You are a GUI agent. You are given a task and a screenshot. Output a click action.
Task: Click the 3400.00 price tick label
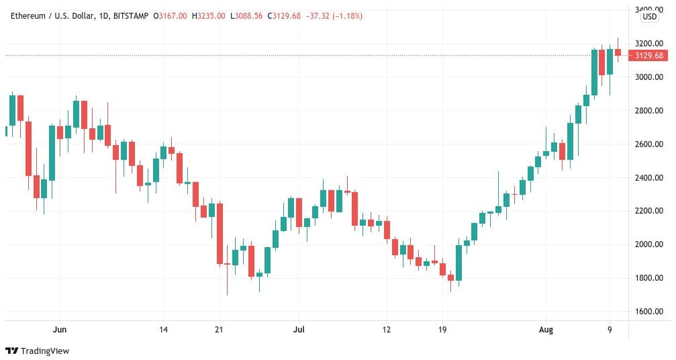coord(649,9)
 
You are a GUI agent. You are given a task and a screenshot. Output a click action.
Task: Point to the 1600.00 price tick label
coord(649,312)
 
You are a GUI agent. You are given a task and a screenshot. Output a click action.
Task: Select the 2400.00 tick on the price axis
coord(649,177)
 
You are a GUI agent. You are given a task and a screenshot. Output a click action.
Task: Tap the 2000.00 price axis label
coord(649,244)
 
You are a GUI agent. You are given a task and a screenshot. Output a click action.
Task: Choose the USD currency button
coord(649,17)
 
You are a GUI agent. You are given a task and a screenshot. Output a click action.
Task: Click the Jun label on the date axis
coord(60,330)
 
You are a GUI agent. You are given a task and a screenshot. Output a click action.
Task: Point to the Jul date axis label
coord(299,330)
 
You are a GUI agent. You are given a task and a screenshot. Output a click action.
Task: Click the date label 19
coord(443,330)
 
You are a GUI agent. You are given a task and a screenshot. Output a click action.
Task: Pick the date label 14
coord(163,330)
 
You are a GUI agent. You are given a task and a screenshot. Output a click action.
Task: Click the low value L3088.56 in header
coord(248,15)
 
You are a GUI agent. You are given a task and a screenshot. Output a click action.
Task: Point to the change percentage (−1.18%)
coord(344,15)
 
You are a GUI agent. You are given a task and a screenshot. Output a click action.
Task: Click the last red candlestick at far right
coord(618,51)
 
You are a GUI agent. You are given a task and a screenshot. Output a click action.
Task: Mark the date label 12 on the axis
coord(387,330)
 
